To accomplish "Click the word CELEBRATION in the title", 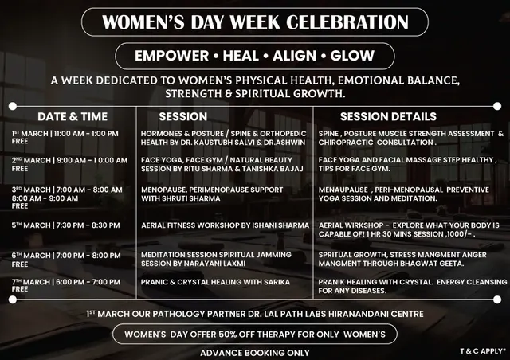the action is pyautogui.click(x=347, y=22).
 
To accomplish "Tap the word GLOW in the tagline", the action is pyautogui.click(x=352, y=56).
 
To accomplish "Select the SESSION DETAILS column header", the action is pyautogui.click(x=388, y=116).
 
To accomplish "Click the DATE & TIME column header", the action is pyautogui.click(x=73, y=116).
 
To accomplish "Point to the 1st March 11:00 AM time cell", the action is pyautogui.click(x=65, y=134).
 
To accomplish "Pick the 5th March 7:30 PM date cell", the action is pyautogui.click(x=65, y=225).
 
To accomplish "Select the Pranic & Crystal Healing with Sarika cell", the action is pyautogui.click(x=215, y=282).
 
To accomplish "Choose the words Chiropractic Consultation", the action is pyautogui.click(x=375, y=143).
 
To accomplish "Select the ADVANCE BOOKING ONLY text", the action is pyautogui.click(x=255, y=353).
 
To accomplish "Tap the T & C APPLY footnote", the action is pyautogui.click(x=483, y=351).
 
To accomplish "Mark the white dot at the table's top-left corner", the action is pyautogui.click(x=13, y=106).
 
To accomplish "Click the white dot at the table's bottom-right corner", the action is pyautogui.click(x=497, y=299).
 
